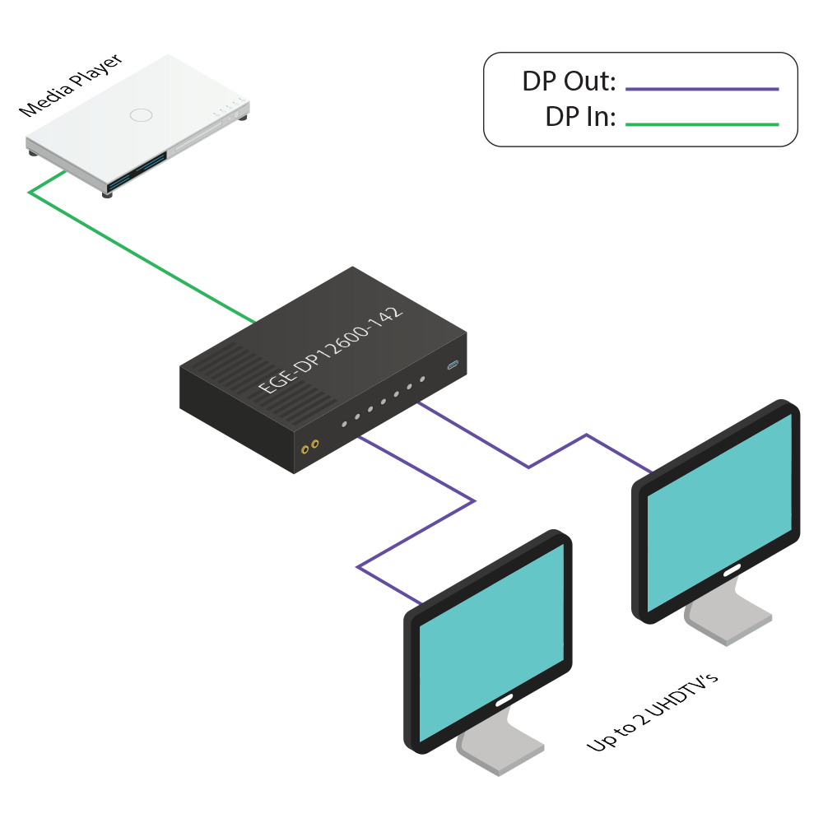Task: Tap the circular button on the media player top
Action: [142, 114]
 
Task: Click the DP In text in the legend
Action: [580, 117]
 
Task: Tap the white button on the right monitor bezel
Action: [730, 570]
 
